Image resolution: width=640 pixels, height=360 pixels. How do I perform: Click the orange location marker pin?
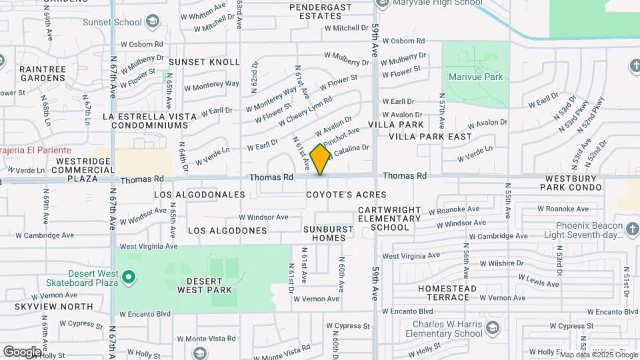pos(321,159)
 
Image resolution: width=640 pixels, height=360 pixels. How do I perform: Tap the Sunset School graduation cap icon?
pos(153,22)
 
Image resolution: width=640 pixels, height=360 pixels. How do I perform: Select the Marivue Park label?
pos(475,77)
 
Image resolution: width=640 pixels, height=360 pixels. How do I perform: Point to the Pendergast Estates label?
pos(320,12)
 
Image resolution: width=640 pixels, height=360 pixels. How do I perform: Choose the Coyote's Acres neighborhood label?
pos(346,195)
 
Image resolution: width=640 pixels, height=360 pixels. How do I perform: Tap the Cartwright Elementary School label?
pos(389,218)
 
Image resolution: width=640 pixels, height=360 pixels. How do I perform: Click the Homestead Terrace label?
pos(447,293)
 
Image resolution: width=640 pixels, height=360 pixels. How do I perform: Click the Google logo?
pos(22,351)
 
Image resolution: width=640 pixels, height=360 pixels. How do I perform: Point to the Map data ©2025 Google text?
pos(599,355)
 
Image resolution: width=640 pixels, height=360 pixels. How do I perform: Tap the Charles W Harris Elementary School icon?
pos(493,328)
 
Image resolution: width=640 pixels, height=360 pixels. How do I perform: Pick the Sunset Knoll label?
pos(203,62)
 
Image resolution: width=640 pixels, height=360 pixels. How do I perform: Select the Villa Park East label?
pos(430,137)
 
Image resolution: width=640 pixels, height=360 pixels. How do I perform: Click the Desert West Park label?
pos(205,285)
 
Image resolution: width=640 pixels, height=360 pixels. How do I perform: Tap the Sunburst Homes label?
pos(328,233)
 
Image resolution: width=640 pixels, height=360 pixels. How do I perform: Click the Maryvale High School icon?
pos(382,3)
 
